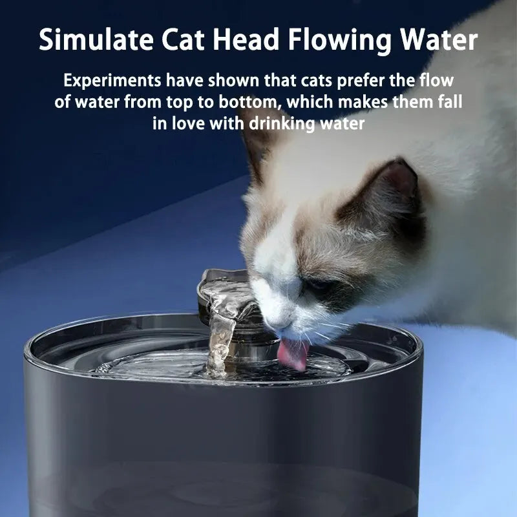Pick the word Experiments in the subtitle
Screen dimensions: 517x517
point(112,82)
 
